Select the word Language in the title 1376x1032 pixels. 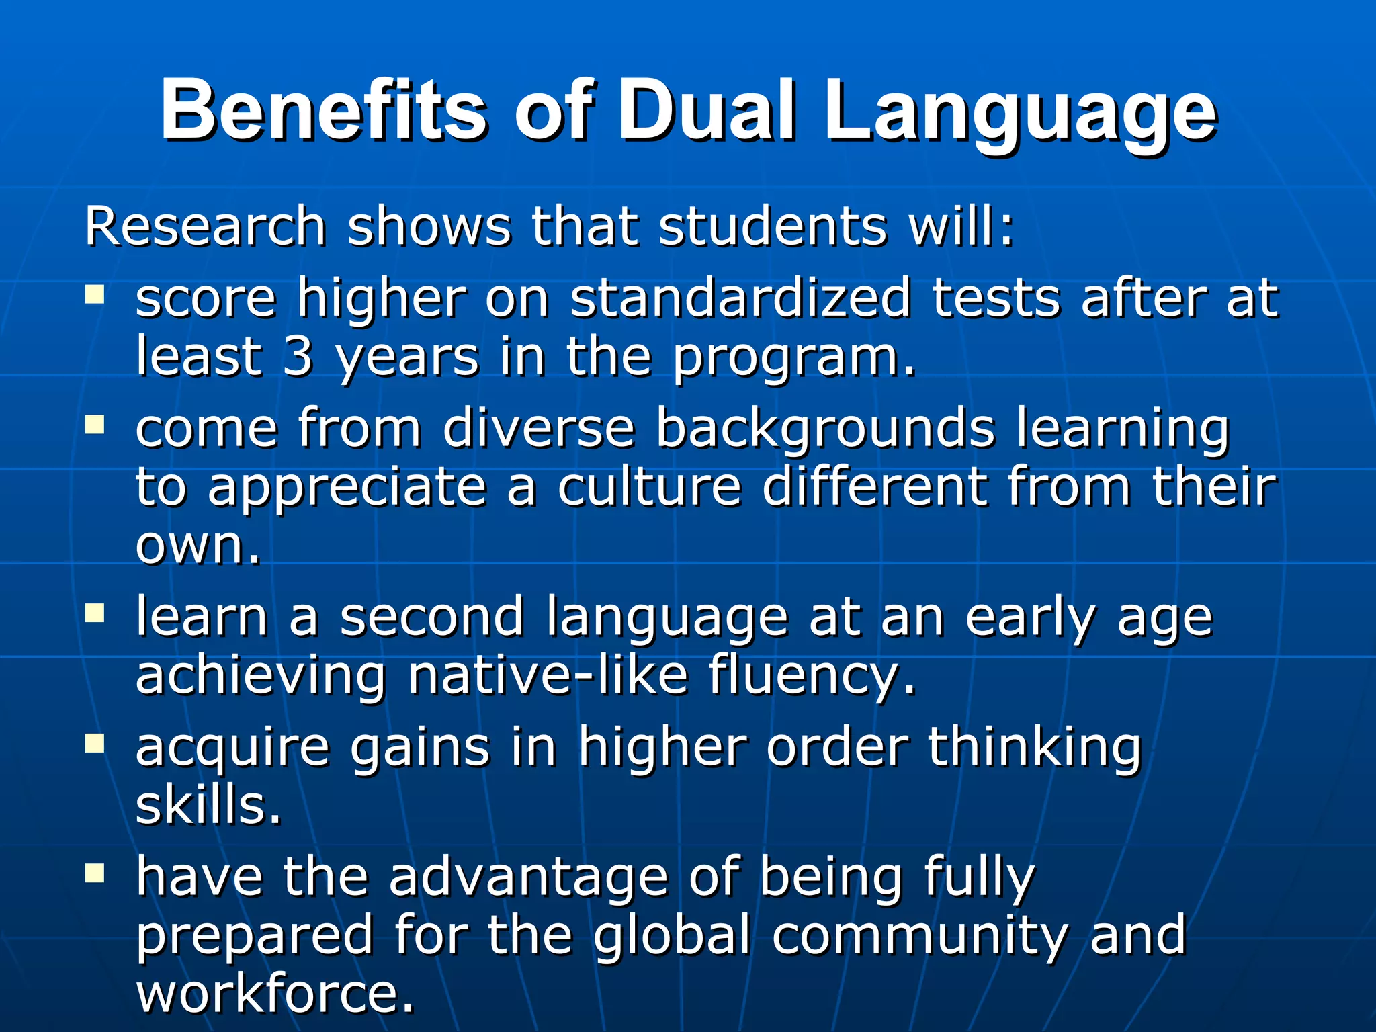pyautogui.click(x=1020, y=114)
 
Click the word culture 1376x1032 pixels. pyautogui.click(x=649, y=486)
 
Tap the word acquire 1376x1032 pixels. pyautogui.click(x=232, y=748)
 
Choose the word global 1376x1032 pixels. pyautogui.click(x=671, y=935)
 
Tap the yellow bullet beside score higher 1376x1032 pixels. pyautogui.click(x=95, y=294)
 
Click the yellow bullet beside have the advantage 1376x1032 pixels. pyautogui.click(x=95, y=873)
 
